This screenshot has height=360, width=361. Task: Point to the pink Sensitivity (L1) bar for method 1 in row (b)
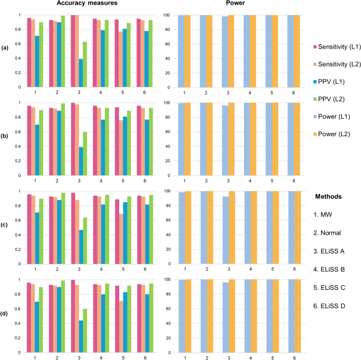(30, 140)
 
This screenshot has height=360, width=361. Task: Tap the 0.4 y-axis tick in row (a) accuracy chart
(19, 59)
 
